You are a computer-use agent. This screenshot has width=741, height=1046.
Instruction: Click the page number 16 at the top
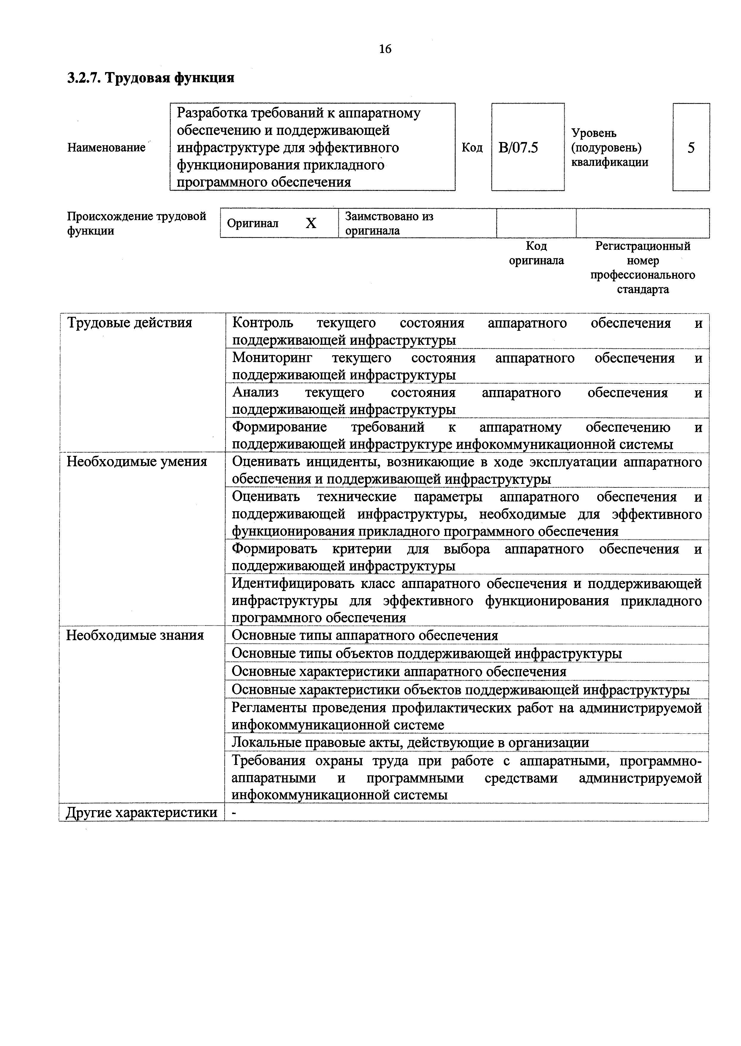(x=385, y=49)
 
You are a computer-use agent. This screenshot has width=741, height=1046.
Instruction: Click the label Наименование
(x=106, y=147)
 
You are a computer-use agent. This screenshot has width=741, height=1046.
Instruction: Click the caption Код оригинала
(x=536, y=253)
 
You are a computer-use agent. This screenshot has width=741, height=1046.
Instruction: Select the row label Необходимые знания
(x=135, y=635)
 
